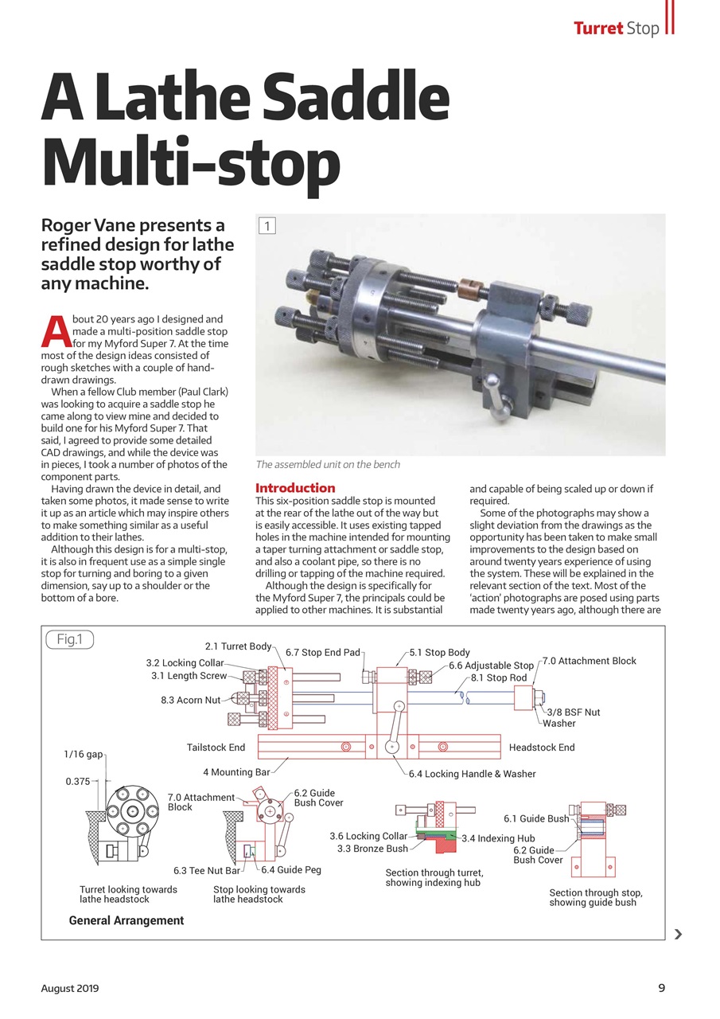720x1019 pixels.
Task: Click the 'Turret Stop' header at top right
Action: coord(617,29)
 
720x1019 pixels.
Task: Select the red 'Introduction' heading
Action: coord(295,487)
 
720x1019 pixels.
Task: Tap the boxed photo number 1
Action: coord(267,226)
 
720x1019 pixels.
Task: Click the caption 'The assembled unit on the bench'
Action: coord(328,464)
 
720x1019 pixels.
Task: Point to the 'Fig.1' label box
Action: coord(70,639)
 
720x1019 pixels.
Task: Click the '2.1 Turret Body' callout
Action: coord(238,646)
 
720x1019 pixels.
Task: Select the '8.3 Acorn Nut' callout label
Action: coord(190,700)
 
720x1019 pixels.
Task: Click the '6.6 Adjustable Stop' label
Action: coord(491,666)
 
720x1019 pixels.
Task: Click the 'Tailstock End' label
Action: coord(216,747)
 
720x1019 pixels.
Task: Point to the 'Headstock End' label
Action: coord(541,747)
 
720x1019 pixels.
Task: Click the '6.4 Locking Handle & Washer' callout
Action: coord(472,774)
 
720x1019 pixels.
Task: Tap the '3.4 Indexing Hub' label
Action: coord(497,838)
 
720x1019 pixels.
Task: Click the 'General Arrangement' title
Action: coord(126,920)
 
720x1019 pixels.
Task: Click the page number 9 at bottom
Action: coord(661,988)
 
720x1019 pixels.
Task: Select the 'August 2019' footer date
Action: coord(70,988)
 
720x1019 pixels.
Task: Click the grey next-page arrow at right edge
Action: coord(677,934)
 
